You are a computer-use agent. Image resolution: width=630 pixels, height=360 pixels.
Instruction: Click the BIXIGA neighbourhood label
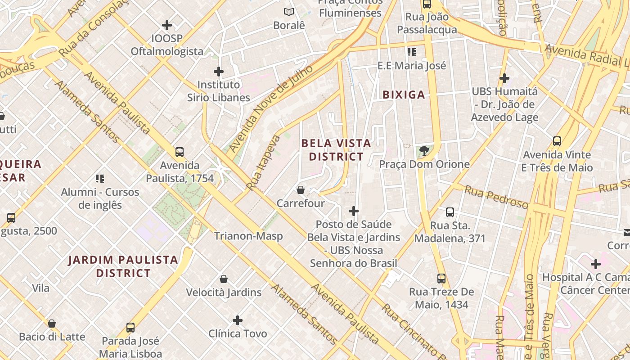(404, 94)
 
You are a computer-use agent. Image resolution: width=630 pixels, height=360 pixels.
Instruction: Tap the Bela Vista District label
(336, 150)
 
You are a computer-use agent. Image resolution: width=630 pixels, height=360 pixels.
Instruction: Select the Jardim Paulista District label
(123, 266)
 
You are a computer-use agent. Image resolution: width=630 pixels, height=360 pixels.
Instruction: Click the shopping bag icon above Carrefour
(301, 190)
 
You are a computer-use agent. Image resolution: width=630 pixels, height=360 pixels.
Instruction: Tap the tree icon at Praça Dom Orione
(424, 150)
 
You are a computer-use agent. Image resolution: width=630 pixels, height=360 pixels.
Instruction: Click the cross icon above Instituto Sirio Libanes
(219, 71)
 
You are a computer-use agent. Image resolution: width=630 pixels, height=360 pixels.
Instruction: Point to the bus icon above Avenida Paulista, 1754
(180, 152)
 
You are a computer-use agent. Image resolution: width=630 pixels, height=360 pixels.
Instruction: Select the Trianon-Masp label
(248, 236)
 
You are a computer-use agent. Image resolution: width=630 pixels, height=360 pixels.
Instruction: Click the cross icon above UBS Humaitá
(504, 78)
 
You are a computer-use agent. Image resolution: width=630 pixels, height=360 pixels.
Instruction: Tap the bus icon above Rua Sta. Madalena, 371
(450, 212)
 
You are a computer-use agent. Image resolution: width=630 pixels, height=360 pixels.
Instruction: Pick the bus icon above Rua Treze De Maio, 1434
(441, 278)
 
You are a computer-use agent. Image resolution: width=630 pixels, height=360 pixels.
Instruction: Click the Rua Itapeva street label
(263, 162)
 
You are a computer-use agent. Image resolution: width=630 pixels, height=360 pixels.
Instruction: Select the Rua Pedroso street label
(496, 197)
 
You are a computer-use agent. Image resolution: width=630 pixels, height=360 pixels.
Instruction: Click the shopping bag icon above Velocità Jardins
(224, 279)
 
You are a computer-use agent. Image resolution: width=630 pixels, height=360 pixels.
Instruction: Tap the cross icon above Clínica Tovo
(238, 320)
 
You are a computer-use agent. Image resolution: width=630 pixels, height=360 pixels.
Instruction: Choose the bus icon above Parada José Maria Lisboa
(130, 327)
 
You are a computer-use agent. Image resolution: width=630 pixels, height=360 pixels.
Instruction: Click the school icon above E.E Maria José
(412, 52)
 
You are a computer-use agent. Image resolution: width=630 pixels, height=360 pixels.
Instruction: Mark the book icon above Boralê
(289, 12)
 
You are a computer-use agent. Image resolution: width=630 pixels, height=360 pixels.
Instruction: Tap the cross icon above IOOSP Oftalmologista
(167, 25)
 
